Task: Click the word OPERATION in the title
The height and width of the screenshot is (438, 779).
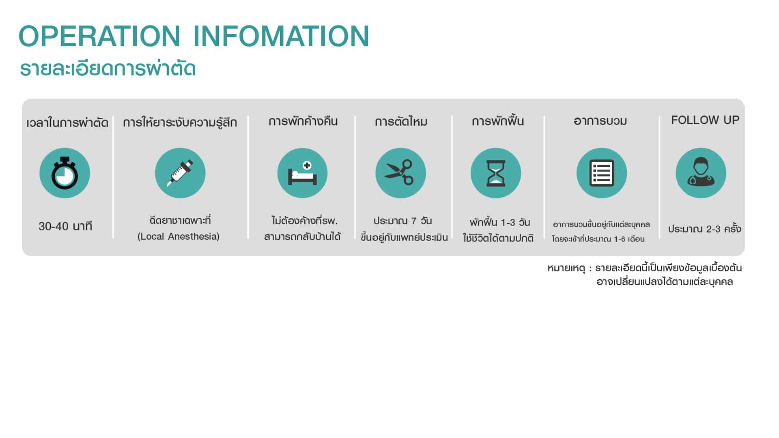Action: (x=99, y=36)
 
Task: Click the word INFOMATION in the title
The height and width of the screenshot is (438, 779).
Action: (x=281, y=36)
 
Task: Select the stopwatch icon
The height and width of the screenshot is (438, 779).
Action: (x=65, y=173)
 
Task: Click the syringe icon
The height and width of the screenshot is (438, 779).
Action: (x=180, y=173)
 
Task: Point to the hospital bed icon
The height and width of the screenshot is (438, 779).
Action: (x=302, y=173)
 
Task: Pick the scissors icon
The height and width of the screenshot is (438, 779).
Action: (x=400, y=173)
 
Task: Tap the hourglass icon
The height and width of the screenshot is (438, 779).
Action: (x=496, y=173)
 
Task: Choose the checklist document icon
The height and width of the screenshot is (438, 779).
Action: (x=602, y=173)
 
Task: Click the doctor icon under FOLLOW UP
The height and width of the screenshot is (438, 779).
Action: (x=701, y=173)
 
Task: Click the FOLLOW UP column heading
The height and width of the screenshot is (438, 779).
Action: (x=705, y=120)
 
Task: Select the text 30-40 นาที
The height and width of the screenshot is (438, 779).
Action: (x=65, y=226)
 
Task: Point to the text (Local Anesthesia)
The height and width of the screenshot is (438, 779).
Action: (x=179, y=236)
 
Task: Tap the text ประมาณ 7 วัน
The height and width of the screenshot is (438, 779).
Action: (x=402, y=221)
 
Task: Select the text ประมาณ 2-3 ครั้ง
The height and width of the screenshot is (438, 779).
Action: (x=705, y=228)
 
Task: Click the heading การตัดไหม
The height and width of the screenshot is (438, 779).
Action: (x=401, y=121)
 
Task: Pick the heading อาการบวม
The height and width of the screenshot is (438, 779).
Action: (x=600, y=121)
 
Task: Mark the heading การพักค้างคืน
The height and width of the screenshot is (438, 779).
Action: (x=303, y=121)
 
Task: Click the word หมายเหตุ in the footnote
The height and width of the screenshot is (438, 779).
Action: (x=566, y=268)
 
